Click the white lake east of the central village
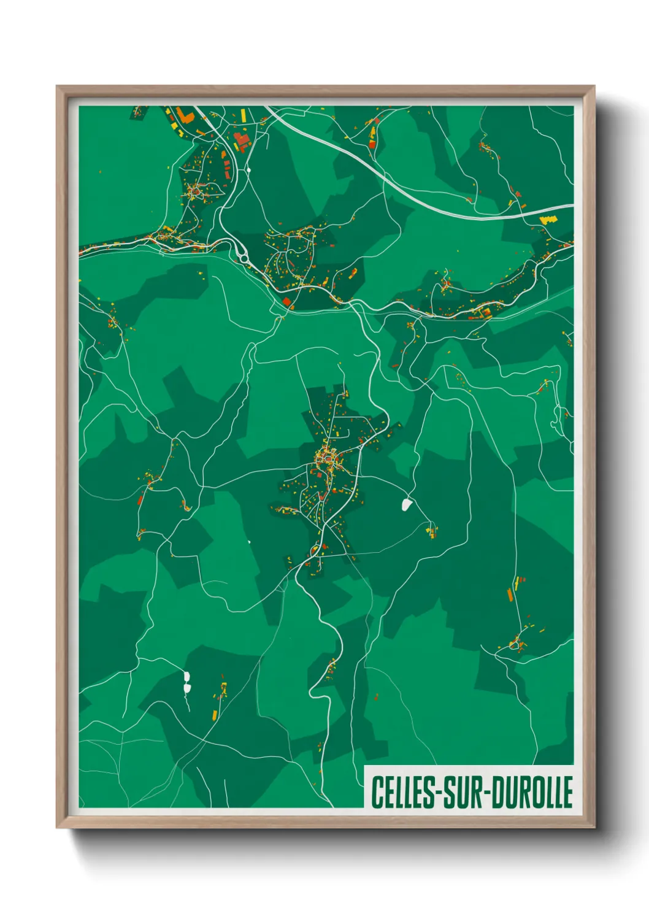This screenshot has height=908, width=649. [x=406, y=505]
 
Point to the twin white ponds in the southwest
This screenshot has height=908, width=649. [x=186, y=682]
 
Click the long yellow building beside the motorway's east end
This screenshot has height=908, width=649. [x=547, y=218]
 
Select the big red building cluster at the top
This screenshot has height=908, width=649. [x=242, y=141]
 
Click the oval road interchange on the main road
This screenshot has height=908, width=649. [x=240, y=251]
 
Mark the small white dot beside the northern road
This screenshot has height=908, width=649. [x=249, y=169]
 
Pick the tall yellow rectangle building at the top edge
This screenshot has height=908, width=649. [x=242, y=115]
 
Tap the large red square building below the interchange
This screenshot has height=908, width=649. [x=286, y=301]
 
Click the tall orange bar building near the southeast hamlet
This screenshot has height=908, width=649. [x=509, y=593]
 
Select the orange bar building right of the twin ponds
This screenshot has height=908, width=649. [x=214, y=714]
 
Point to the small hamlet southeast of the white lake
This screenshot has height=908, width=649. [x=432, y=531]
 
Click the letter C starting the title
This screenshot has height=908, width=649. [x=376, y=792]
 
